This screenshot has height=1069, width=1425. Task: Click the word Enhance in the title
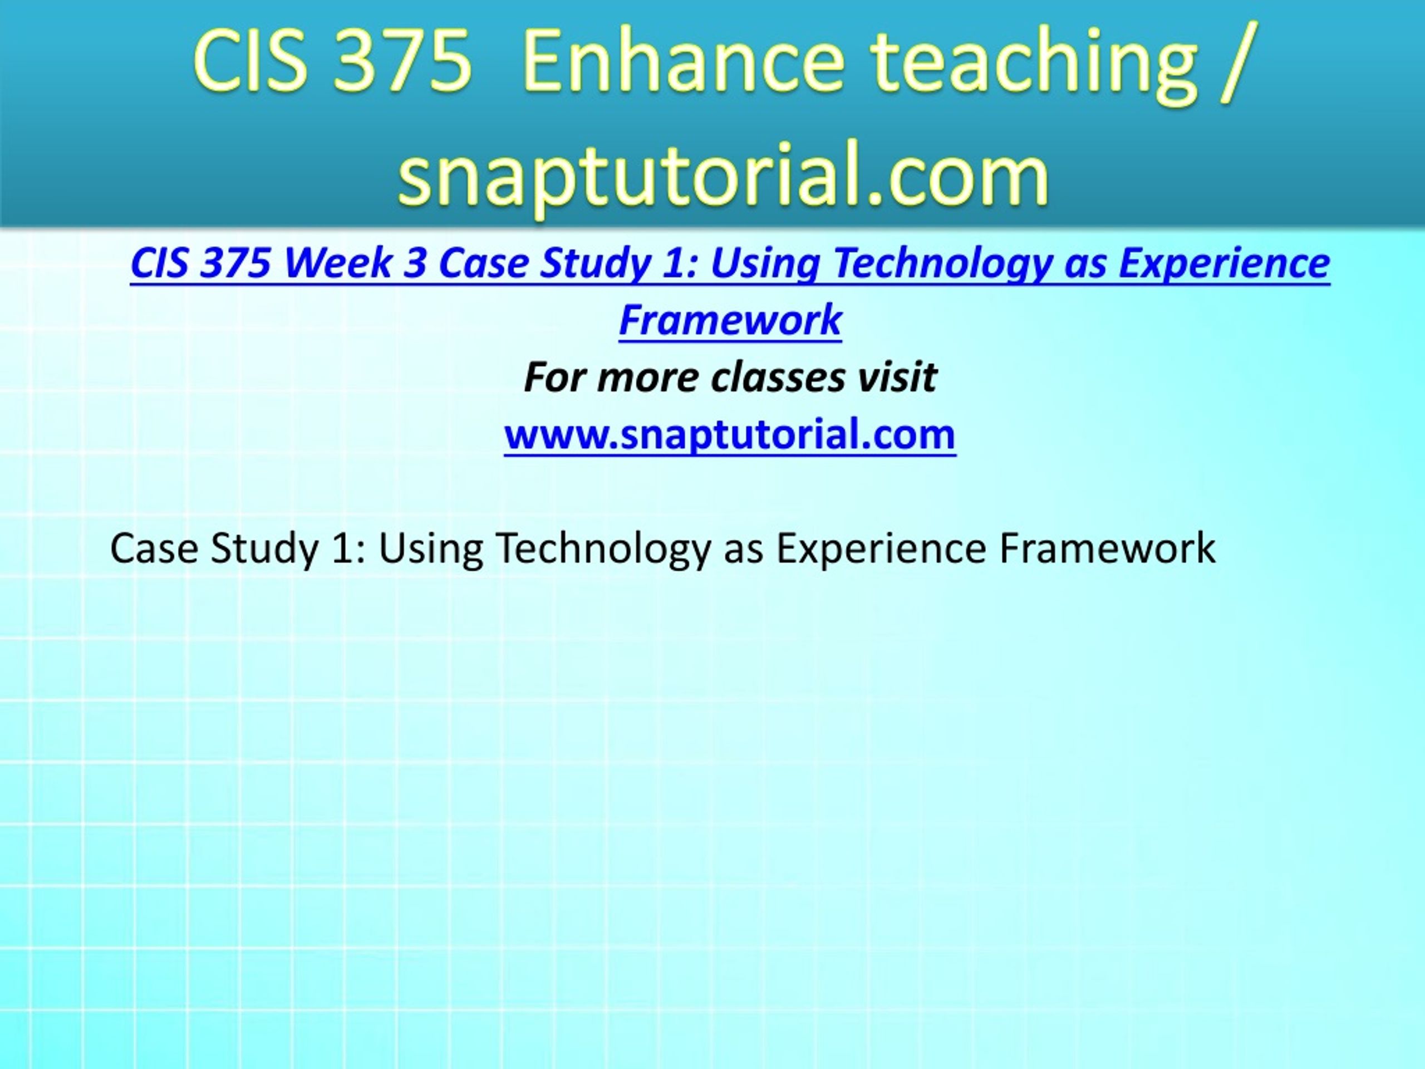pyautogui.click(x=684, y=61)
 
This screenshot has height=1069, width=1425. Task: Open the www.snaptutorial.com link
pyautogui.click(x=730, y=434)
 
